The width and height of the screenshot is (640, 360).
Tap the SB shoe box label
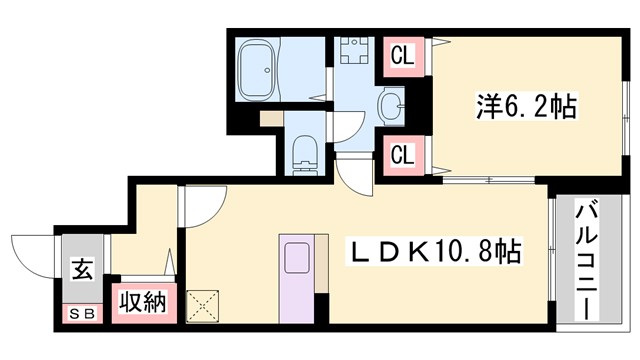pos(81,313)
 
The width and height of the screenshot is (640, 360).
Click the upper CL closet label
pos(402,56)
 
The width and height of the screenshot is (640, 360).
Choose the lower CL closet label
pos(402,155)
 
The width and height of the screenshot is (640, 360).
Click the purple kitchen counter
pos(297,281)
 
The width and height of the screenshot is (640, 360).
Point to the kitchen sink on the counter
pos(297,259)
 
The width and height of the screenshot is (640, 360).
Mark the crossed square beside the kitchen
pos(203,304)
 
